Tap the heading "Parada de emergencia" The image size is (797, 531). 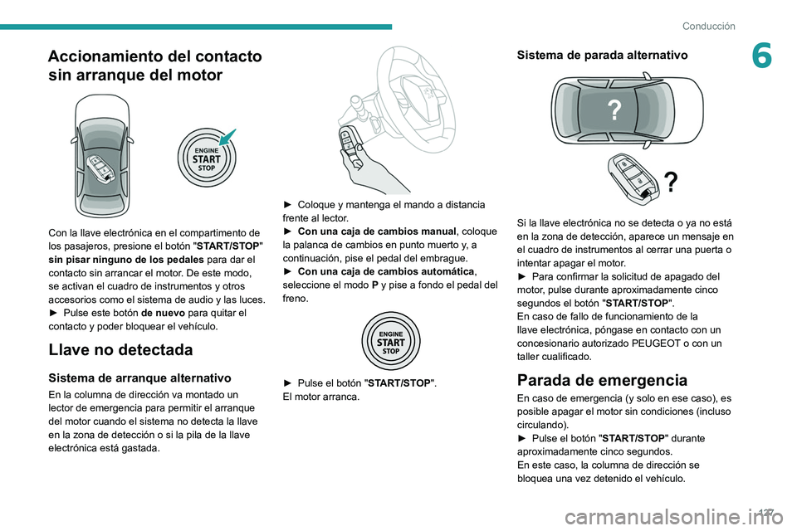point(602,380)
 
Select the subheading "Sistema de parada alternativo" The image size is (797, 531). point(602,56)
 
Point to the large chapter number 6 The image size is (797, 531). point(761,56)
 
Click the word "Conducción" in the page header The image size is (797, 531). point(708,26)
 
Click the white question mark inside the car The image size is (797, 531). point(614,110)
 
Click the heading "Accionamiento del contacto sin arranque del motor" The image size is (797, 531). point(155,66)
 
